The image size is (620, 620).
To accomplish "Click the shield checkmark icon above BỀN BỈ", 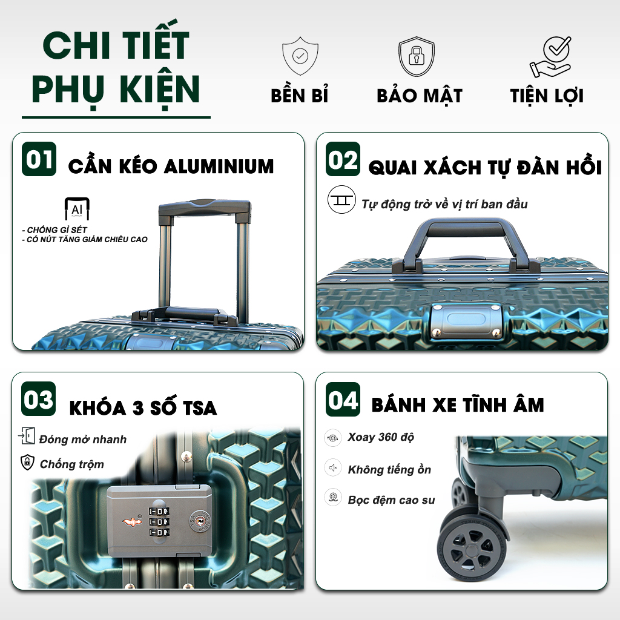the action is [x=300, y=56].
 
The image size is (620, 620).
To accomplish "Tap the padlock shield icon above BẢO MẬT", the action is [x=417, y=56].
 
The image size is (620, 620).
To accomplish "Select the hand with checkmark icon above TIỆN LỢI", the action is [x=551, y=57].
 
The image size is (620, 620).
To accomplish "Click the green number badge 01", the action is [x=39, y=159].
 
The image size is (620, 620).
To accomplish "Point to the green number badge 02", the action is [x=343, y=159].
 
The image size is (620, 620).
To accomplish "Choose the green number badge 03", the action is [x=38, y=398].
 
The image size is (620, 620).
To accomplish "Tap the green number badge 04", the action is [x=343, y=399].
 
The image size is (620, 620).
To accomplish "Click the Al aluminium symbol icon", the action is [x=77, y=208].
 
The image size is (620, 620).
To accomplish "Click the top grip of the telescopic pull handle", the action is [x=205, y=208].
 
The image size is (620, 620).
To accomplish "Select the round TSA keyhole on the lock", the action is [x=200, y=521].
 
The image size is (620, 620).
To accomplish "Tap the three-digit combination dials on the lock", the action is [x=159, y=522].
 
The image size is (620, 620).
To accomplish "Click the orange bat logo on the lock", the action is [x=132, y=521].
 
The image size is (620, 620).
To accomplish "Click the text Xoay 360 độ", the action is [x=381, y=437].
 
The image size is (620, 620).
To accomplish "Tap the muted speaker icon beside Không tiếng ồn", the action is [x=333, y=468].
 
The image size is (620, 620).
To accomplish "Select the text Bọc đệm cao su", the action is [x=392, y=500].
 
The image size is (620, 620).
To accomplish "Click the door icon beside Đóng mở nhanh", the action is [x=27, y=436].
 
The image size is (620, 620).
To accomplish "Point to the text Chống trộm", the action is [x=72, y=464].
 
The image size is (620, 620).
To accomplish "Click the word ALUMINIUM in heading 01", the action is [x=219, y=167].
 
